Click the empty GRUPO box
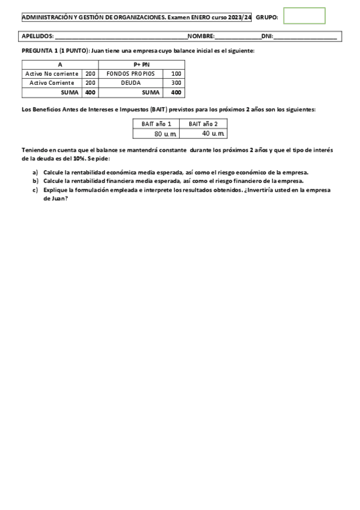[304, 16]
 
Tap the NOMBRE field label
[201, 37]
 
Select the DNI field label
[267, 37]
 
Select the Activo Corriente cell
[52, 83]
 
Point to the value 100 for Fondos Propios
[176, 73]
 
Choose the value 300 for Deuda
[176, 83]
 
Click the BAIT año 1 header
[156, 124]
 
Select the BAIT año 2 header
[203, 124]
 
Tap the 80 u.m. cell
[163, 134]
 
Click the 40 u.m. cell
[211, 134]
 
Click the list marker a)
[35, 172]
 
